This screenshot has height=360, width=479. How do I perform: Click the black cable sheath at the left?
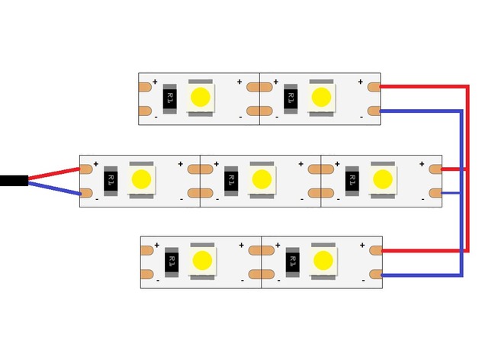[x=14, y=181]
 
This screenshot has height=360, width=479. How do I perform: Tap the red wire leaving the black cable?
[x=54, y=173]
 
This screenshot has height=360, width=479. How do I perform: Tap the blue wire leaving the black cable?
[x=55, y=188]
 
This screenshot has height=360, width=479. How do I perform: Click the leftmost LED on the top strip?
[x=201, y=97]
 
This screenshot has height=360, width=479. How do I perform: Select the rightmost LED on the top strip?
[x=321, y=97]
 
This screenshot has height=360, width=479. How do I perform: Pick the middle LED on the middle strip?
[x=262, y=179]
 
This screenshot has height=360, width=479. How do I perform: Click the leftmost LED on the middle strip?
[x=141, y=179]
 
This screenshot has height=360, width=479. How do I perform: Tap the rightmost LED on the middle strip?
[x=382, y=179]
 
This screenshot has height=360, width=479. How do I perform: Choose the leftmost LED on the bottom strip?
[x=202, y=260]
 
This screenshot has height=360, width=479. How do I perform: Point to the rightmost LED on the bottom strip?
[x=323, y=260]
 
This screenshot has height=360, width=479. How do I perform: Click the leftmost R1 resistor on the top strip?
[x=170, y=98]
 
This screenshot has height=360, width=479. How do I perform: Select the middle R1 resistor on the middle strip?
[x=231, y=181]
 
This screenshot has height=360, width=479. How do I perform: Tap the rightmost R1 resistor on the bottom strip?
[x=293, y=262]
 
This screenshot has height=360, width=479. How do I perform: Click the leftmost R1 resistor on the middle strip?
[x=111, y=181]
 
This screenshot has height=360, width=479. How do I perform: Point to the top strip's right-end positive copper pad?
[x=374, y=87]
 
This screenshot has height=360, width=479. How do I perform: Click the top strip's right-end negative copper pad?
[x=374, y=111]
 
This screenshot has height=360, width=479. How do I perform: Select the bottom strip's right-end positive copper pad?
[x=376, y=251]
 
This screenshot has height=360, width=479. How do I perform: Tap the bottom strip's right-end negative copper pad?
[x=376, y=275]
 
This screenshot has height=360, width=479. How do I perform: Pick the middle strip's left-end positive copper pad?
[x=86, y=169]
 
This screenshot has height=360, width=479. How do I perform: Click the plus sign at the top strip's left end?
[x=155, y=82]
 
